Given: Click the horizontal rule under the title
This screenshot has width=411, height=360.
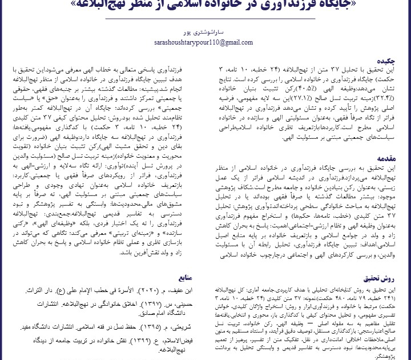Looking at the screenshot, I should (x=205, y=19).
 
